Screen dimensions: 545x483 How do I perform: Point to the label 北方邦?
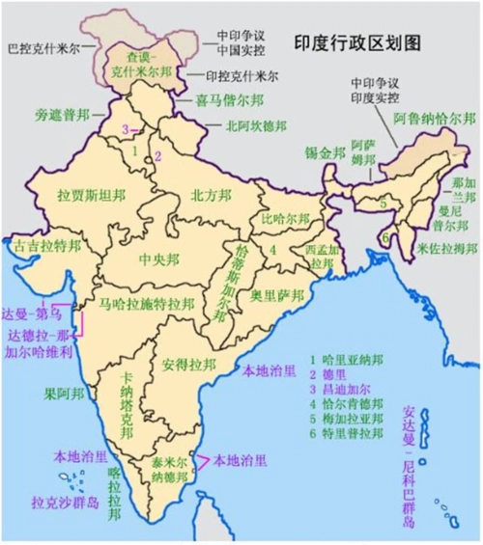210,194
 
